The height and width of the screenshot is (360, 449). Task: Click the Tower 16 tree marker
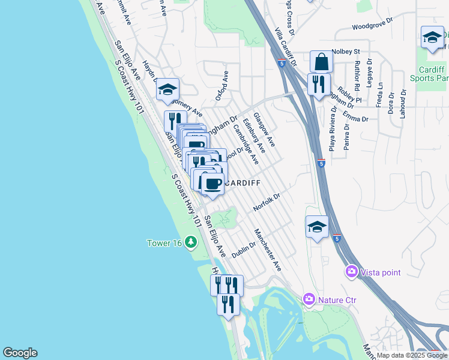point(191,242)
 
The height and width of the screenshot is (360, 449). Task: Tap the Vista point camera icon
point(351,272)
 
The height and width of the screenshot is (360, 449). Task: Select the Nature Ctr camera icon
point(309,298)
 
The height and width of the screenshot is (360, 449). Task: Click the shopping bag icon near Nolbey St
point(321,62)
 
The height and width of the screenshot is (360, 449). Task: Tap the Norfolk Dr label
point(267,201)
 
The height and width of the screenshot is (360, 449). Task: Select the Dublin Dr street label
point(244,247)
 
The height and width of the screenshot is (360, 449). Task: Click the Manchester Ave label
point(268,250)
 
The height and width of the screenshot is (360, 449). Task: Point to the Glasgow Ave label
point(264,129)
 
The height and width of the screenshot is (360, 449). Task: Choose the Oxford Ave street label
point(222,86)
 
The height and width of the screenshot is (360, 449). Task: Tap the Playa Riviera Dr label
point(333,127)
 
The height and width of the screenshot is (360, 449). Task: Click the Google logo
point(20,353)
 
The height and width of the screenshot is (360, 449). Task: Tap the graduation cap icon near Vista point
point(317,227)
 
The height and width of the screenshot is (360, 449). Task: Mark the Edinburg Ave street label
point(254,135)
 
